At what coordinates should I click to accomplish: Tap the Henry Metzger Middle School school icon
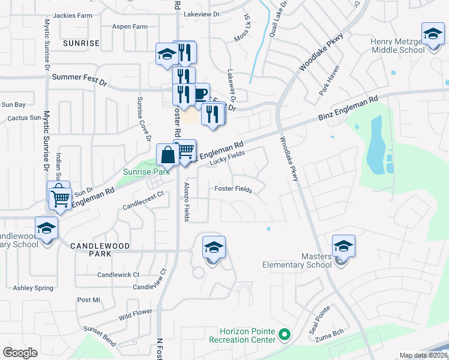click(x=432, y=34)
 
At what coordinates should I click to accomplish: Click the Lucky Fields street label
click(x=228, y=158)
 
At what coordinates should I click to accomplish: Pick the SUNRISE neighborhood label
click(x=81, y=43)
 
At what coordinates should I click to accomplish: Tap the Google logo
click(x=20, y=352)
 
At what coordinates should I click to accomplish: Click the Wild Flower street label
click(x=135, y=314)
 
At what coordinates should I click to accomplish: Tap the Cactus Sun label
click(x=23, y=119)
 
